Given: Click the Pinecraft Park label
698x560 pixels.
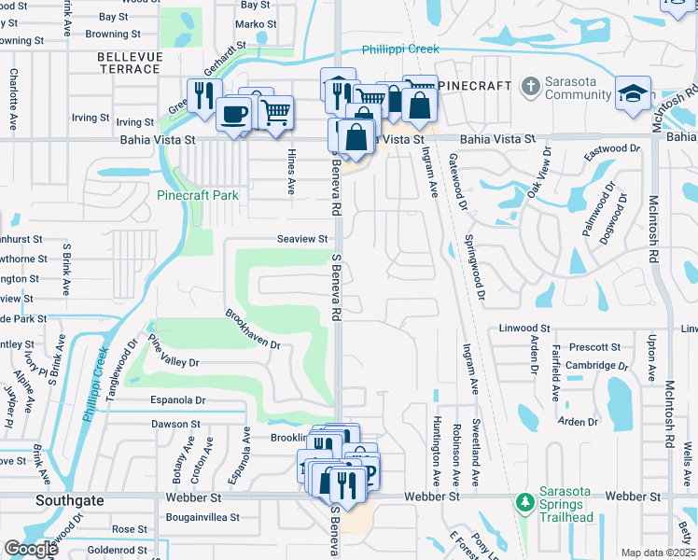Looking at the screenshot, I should pyautogui.click(x=199, y=195).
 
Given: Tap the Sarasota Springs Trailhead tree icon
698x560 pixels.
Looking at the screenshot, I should pyautogui.click(x=524, y=503).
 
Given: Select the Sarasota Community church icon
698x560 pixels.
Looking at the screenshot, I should pyautogui.click(x=529, y=86).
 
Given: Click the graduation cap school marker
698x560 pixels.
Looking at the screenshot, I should pyautogui.click(x=631, y=93).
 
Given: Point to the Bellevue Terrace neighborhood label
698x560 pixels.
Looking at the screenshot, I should pyautogui.click(x=129, y=63).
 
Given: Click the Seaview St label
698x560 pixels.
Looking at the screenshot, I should pyautogui.click(x=302, y=239).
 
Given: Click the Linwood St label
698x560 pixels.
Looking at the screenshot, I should pyautogui.click(x=524, y=329).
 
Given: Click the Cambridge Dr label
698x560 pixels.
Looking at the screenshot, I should pyautogui.click(x=594, y=366).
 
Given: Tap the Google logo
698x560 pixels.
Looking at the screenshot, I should pyautogui.click(x=31, y=549).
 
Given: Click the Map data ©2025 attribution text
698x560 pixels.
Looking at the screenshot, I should pyautogui.click(x=658, y=553).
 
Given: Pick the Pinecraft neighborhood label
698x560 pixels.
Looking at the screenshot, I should pyautogui.click(x=475, y=86).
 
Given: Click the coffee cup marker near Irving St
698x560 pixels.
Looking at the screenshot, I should pyautogui.click(x=232, y=115).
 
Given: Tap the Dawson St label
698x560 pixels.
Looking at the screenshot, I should pyautogui.click(x=175, y=424).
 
